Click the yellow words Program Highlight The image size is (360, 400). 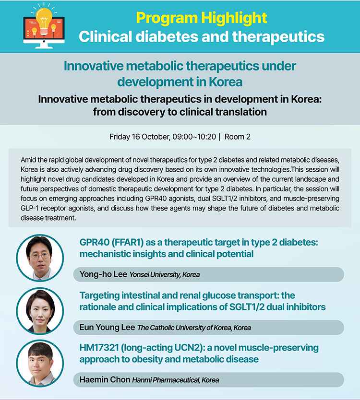(202, 18)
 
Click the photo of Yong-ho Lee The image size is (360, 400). (40, 258)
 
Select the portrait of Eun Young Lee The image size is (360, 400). (40, 311)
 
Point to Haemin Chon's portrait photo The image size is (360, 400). (40, 363)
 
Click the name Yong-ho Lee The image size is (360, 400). (103, 274)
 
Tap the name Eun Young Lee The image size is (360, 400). (107, 327)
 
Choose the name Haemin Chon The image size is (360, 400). (105, 379)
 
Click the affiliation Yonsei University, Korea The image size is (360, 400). (165, 275)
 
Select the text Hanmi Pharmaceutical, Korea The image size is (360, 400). (176, 380)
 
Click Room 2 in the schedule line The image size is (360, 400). (238, 137)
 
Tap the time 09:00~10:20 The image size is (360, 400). (194, 137)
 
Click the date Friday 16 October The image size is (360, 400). (139, 137)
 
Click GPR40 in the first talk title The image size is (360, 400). (95, 242)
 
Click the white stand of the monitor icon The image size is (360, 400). (44, 46)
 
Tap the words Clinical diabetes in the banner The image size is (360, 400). (138, 37)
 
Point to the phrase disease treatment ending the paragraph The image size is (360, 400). (48, 218)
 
